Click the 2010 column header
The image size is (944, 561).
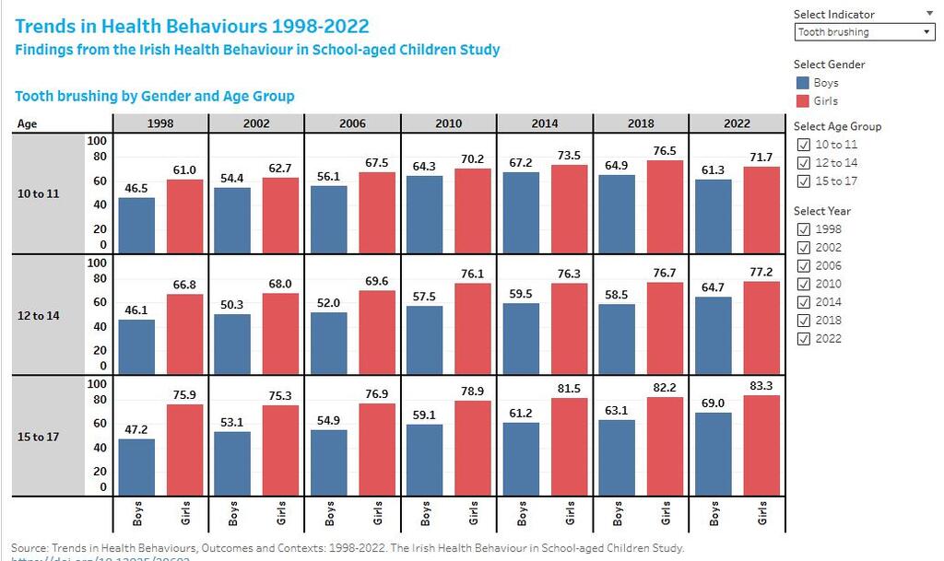(x=448, y=123)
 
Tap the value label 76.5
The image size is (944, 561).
(x=666, y=151)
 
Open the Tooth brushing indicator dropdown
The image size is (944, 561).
(x=864, y=32)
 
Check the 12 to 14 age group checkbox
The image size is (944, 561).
(x=803, y=163)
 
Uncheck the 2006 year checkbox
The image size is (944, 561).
(x=803, y=265)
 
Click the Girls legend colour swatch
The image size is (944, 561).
(x=802, y=101)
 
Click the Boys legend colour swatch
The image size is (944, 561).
(x=802, y=83)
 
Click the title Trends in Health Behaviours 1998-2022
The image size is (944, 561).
(x=192, y=26)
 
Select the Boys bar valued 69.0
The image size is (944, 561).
(x=714, y=453)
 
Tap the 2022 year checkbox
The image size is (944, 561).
(x=803, y=339)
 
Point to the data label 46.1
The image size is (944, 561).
(x=136, y=310)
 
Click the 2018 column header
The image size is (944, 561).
(x=641, y=123)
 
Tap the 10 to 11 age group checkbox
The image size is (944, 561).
(x=803, y=145)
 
